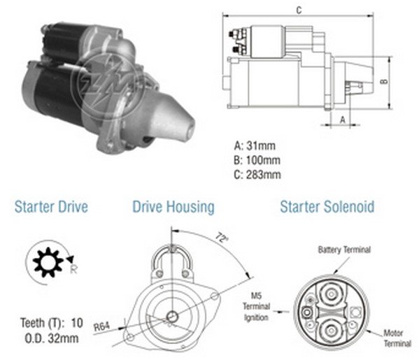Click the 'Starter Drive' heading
tap(51, 207)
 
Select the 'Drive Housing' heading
tap(173, 207)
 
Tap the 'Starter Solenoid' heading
tap(327, 207)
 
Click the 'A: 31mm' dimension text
tap(255, 146)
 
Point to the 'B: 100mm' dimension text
tap(257, 160)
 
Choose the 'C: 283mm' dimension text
tap(257, 175)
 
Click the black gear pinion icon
tap(48, 262)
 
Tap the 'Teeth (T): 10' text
tap(52, 323)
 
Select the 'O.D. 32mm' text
tap(52, 338)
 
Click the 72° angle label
tap(222, 238)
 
